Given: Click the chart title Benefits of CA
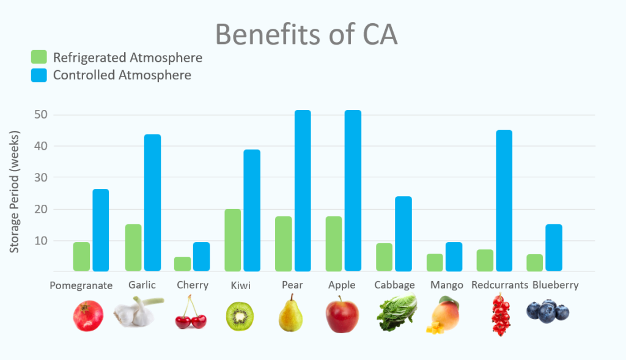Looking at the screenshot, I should click(306, 35).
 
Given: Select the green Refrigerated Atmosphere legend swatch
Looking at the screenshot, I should click(39, 58).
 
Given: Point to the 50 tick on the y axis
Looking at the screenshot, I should click(41, 115).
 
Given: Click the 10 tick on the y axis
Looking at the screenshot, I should click(41, 241).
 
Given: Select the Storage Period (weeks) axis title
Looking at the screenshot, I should click(15, 191).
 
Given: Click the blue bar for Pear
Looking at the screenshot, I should click(303, 190).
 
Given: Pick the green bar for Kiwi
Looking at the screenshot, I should click(232, 240).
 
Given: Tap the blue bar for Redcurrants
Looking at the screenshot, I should click(504, 200).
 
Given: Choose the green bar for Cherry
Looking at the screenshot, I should click(182, 263).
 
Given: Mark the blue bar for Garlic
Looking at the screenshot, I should click(152, 202).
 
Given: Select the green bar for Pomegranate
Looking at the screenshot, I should click(81, 256).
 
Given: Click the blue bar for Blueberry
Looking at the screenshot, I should click(554, 247).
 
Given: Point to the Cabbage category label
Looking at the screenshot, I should click(394, 285).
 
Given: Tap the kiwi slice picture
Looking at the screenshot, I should click(239, 316).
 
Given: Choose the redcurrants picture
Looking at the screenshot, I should click(501, 315).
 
